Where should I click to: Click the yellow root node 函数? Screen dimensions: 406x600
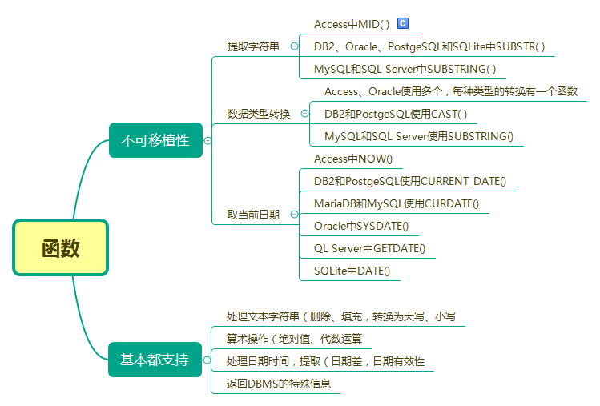pos(60,247)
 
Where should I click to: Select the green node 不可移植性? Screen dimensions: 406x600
pos(155,140)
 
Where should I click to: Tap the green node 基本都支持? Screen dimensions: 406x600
pos(155,360)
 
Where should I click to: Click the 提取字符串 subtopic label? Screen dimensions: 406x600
pos(253,46)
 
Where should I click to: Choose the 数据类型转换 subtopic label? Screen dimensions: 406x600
pos(259,114)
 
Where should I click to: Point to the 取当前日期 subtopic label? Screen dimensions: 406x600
pos(253,215)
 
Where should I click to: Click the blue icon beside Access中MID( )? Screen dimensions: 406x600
pos(403,24)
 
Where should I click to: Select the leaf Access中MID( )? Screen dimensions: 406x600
pos(352,24)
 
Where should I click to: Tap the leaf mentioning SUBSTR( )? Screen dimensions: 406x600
pos(429,46)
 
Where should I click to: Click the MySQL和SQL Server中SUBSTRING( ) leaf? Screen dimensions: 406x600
pos(405,69)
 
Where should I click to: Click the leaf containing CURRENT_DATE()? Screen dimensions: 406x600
pos(410,181)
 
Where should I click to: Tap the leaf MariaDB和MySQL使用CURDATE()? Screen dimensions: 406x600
pos(397,203)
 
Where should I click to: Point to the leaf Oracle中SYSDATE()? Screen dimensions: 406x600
pos(361,226)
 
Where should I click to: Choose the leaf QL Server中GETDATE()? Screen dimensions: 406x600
pos(369,248)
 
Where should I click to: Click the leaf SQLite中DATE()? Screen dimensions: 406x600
pos(352,271)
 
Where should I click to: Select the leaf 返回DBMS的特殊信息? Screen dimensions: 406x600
pos(278,384)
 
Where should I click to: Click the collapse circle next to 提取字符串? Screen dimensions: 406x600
pos(294,46)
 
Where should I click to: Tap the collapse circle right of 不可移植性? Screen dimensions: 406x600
pos(207,140)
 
